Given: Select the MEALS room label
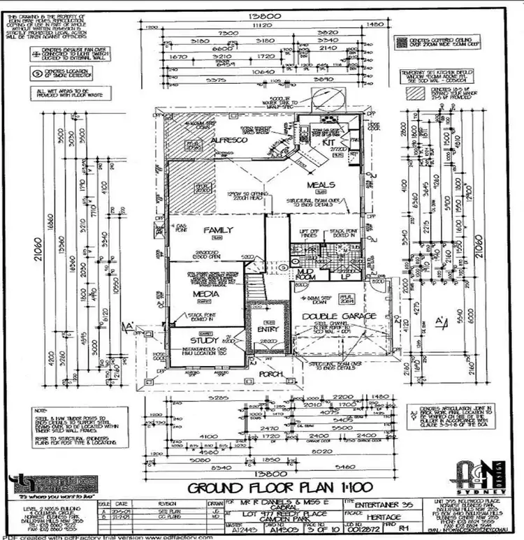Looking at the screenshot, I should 322,184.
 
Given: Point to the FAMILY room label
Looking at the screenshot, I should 218,230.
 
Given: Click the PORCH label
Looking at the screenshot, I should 272,375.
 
